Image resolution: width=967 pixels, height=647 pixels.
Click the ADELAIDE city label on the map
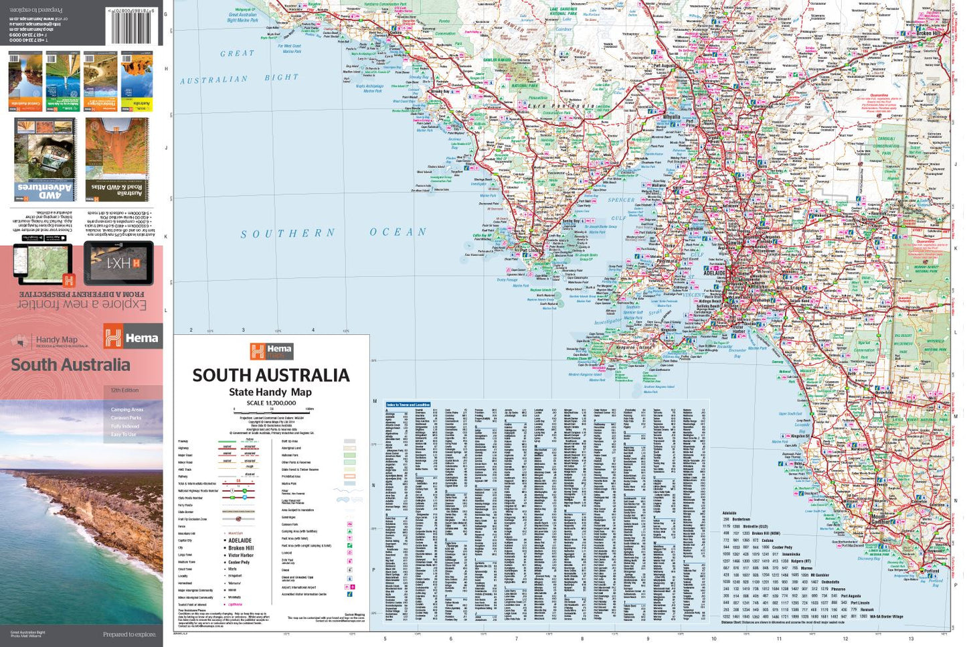[x=714, y=273]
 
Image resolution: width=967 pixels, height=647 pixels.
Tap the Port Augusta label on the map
[x=665, y=66]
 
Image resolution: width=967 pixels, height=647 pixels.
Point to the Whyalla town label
[x=671, y=117]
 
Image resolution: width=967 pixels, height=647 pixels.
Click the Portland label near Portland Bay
[x=930, y=571]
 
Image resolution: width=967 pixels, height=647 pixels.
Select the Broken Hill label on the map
[x=928, y=33]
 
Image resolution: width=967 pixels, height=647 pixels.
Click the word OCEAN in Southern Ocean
[x=398, y=232]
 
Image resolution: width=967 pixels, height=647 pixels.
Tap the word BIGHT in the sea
[x=281, y=78]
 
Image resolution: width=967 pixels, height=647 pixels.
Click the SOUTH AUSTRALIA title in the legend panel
[x=271, y=375]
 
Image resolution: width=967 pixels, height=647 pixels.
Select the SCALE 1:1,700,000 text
[x=271, y=403]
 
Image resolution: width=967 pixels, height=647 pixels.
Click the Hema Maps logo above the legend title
[x=271, y=351]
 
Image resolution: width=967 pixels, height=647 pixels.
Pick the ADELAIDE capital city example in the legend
[x=240, y=541]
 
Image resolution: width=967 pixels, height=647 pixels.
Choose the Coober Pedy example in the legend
[x=238, y=562]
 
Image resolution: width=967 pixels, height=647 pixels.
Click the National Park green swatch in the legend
[x=349, y=455]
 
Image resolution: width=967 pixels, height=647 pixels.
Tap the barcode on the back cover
[x=135, y=25]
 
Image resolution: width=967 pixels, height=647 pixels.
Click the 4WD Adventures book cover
[x=46, y=160]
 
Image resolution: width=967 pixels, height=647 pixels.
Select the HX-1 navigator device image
[x=118, y=263]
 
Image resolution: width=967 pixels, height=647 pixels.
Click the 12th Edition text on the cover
[x=125, y=390]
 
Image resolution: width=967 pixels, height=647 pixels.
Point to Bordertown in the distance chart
[x=741, y=519]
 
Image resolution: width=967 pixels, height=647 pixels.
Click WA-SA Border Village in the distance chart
[x=886, y=617]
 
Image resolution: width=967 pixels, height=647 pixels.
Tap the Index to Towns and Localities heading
[x=408, y=405]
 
